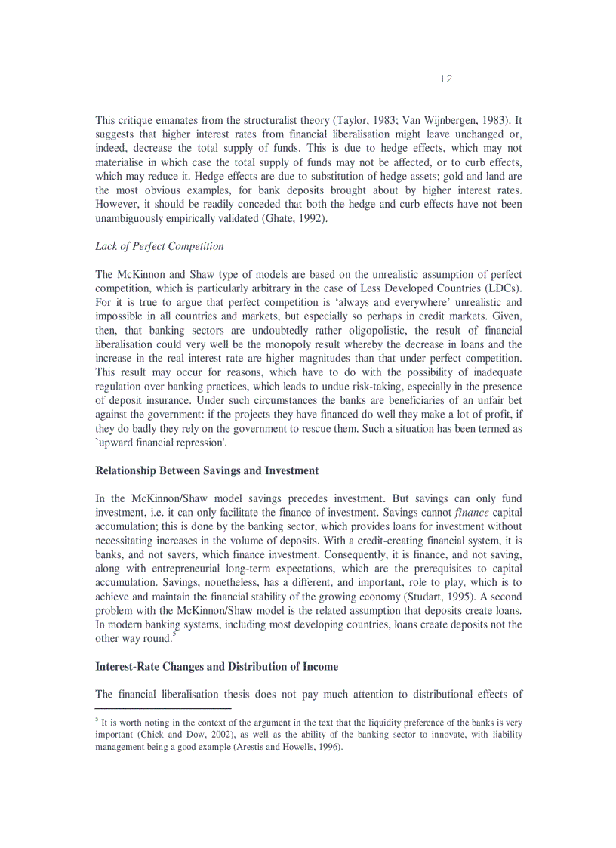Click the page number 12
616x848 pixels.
pyautogui.click(x=445, y=79)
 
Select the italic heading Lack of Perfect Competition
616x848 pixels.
pyautogui.click(x=159, y=246)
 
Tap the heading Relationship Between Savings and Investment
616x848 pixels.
pyautogui.click(x=207, y=470)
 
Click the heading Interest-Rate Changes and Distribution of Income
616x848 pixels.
pyautogui.click(x=217, y=666)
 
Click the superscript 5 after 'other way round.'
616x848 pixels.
pyautogui.click(x=174, y=634)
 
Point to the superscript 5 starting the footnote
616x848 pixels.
pyautogui.click(x=97, y=720)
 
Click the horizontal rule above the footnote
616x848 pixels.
pyautogui.click(x=162, y=708)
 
